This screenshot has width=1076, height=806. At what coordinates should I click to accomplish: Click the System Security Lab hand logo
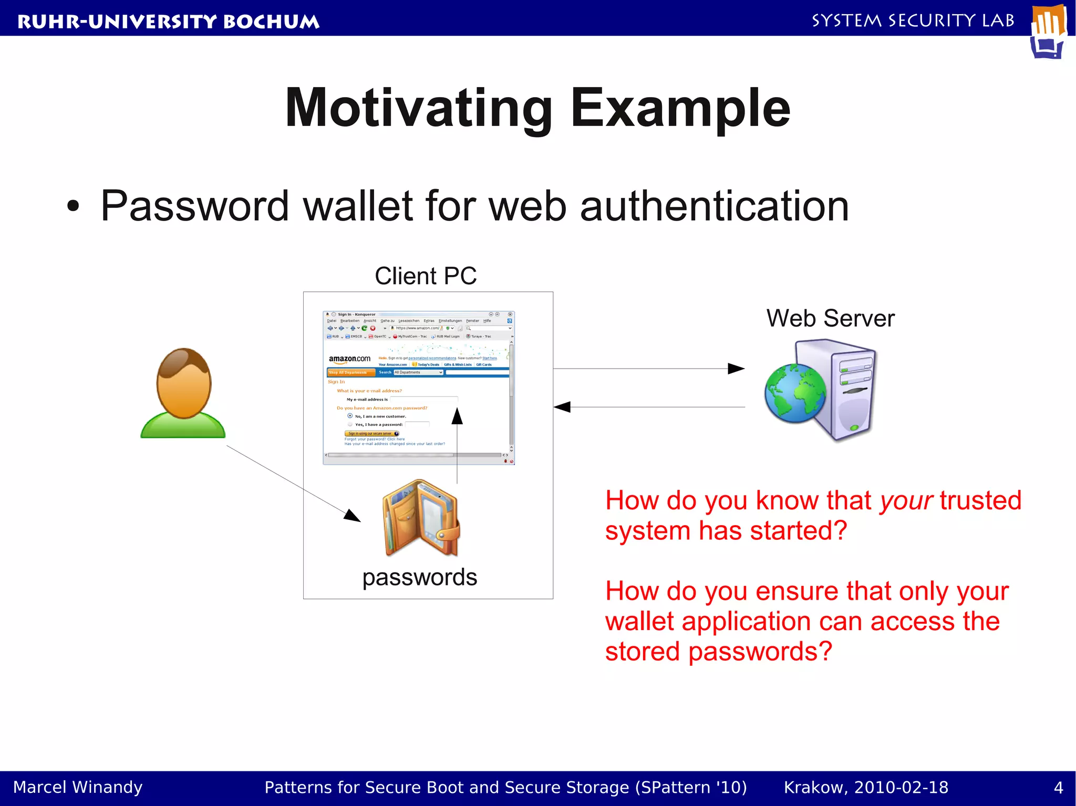click(1049, 32)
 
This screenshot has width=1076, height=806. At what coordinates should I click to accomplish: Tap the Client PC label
click(426, 276)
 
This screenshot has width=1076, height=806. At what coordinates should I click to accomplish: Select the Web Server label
click(830, 318)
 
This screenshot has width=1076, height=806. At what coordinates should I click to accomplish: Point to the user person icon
click(183, 393)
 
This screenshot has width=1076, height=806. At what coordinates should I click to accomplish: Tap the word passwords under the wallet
click(419, 577)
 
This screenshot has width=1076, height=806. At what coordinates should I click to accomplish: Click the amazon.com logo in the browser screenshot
click(349, 359)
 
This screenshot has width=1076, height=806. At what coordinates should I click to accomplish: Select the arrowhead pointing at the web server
click(737, 369)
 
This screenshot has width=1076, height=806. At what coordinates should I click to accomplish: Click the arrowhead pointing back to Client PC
click(562, 407)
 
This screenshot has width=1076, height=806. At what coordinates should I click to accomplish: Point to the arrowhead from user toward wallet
click(353, 516)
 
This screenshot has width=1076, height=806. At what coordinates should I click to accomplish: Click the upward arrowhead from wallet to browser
click(457, 416)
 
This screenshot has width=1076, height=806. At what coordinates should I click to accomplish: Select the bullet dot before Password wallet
click(73, 206)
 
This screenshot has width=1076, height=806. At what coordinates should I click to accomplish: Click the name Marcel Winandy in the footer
click(78, 787)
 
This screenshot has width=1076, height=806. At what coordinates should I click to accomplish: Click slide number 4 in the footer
click(1058, 788)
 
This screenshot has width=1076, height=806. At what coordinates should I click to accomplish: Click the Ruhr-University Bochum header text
click(168, 22)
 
